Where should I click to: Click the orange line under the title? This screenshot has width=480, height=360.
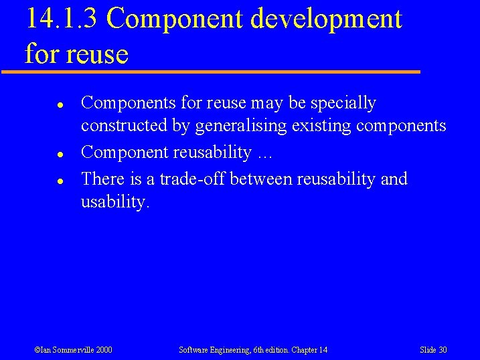(x=210, y=71)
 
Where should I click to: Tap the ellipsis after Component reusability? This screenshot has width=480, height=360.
(x=264, y=153)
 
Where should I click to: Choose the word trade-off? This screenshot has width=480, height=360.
(x=192, y=179)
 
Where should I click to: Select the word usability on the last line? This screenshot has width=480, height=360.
(x=114, y=202)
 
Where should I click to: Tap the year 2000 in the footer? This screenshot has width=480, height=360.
(x=103, y=350)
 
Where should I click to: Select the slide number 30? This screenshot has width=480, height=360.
(x=443, y=350)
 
